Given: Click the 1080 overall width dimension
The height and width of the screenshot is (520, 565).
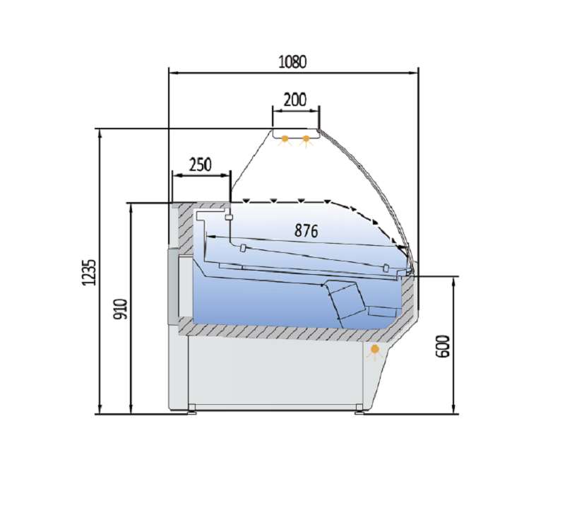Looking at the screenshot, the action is (292, 62).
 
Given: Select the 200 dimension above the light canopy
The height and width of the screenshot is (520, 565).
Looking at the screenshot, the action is (295, 100).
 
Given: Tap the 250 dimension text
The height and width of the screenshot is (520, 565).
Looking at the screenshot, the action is (201, 165).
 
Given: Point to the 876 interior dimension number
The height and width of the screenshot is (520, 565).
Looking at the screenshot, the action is (307, 230).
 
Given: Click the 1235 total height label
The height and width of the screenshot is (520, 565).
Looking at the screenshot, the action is (90, 273).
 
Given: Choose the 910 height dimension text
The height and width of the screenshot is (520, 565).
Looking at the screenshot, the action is (121, 309).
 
